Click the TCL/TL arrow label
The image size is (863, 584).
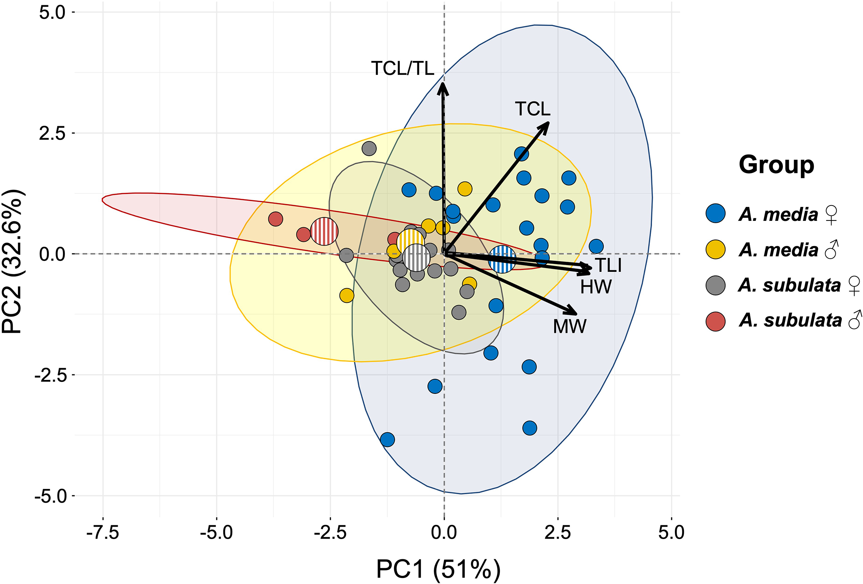[x=402, y=69]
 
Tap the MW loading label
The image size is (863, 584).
[x=569, y=326]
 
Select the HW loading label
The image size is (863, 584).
[x=595, y=287]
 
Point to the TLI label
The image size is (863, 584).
[x=608, y=265]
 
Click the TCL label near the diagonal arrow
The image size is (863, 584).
[x=532, y=109]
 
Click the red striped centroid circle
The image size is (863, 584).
[x=324, y=231]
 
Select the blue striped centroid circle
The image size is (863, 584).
[x=502, y=259]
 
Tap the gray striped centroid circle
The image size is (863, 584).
[x=416, y=258]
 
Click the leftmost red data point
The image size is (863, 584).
[x=275, y=219]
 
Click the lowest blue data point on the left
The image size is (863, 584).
[x=387, y=439]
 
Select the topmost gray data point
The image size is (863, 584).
[x=369, y=149]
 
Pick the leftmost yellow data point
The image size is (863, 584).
[x=347, y=295]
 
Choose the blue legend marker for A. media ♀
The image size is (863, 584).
[x=715, y=214]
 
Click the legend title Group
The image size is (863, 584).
[x=776, y=165]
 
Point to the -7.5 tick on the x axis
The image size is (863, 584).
[x=103, y=532]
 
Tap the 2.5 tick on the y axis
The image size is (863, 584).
[x=52, y=134]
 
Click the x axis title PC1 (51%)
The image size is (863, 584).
[x=438, y=569]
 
